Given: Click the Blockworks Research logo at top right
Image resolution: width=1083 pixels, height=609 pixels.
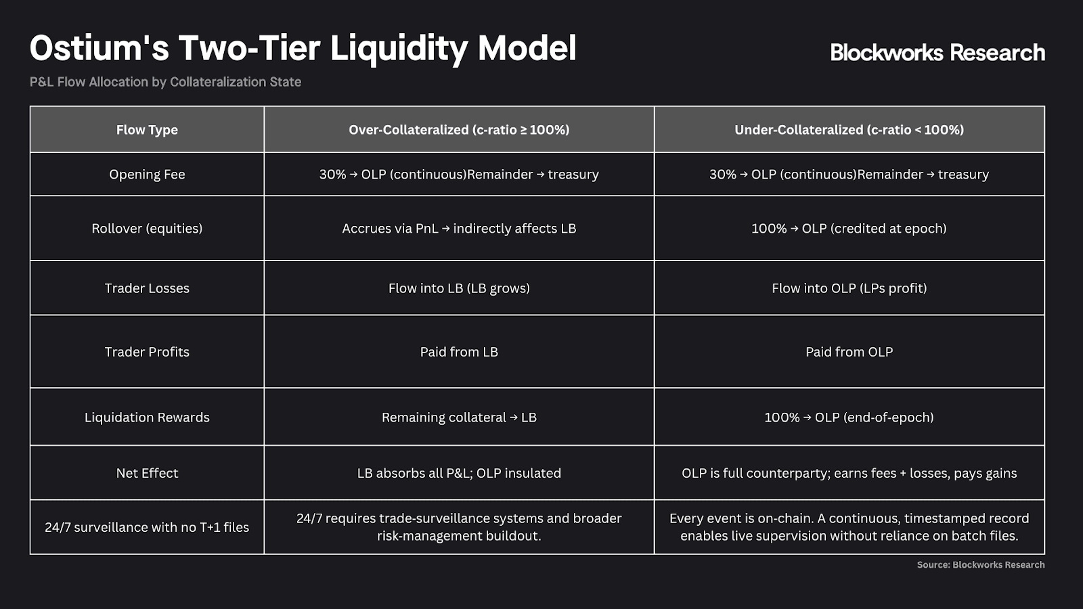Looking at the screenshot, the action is [x=937, y=52].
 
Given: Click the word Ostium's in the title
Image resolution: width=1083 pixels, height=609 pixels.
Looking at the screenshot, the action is [x=99, y=48].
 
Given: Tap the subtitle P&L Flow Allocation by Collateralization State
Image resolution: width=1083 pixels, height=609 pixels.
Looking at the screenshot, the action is [x=165, y=82].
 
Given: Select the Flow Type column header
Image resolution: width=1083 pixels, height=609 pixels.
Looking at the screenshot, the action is [x=147, y=129].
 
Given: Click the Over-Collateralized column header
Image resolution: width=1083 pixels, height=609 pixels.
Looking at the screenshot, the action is [x=459, y=129].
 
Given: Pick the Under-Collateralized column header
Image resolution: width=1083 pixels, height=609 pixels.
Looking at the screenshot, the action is [x=849, y=129].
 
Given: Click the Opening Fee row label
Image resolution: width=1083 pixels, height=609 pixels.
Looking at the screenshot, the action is [x=147, y=174].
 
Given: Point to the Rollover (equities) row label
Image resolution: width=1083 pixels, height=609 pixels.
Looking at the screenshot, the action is [x=147, y=228].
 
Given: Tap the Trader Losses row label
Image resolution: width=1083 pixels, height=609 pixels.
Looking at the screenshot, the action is [x=147, y=288].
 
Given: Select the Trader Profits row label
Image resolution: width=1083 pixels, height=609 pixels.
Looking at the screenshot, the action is [x=147, y=351].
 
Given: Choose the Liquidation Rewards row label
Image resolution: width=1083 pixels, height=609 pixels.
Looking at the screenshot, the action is [x=147, y=417].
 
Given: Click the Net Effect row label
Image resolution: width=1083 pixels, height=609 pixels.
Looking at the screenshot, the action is [x=147, y=473].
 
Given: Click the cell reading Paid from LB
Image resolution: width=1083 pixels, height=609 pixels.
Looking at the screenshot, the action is [x=459, y=351].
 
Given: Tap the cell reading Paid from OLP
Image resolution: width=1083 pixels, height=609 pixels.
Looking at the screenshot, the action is [x=849, y=351].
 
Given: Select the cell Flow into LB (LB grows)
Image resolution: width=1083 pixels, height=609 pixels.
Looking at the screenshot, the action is [x=459, y=288].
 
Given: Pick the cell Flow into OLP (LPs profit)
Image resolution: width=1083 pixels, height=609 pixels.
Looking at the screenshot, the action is [x=849, y=288].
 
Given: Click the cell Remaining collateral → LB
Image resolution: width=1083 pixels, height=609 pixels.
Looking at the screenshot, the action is [x=459, y=417].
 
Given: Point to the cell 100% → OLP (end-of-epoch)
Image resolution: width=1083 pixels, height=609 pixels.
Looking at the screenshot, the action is [x=849, y=417].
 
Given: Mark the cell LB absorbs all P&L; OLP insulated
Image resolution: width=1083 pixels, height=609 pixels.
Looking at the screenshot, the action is [x=459, y=473].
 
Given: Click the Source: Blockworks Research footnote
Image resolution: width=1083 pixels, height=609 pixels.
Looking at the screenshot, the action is [x=981, y=564].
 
